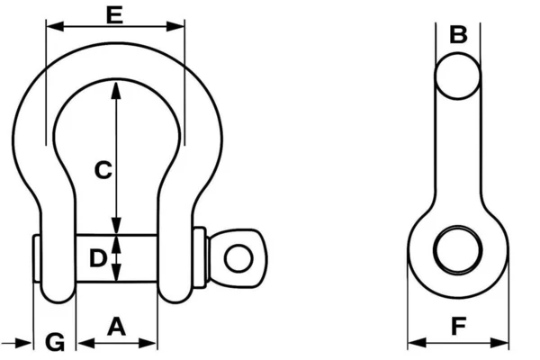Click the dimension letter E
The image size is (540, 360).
pos(114,15)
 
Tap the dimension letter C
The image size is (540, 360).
pos(103,170)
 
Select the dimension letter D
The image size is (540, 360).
pos(98,258)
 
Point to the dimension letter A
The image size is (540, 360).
pos(116,327)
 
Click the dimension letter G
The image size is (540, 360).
pos(55,342)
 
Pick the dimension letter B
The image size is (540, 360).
pos(458,34)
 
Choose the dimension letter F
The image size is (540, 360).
pos(459,326)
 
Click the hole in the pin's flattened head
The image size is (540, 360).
pos(238,258)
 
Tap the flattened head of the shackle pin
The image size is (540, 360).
pos(238,257)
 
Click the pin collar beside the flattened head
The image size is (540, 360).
pos(200,257)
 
